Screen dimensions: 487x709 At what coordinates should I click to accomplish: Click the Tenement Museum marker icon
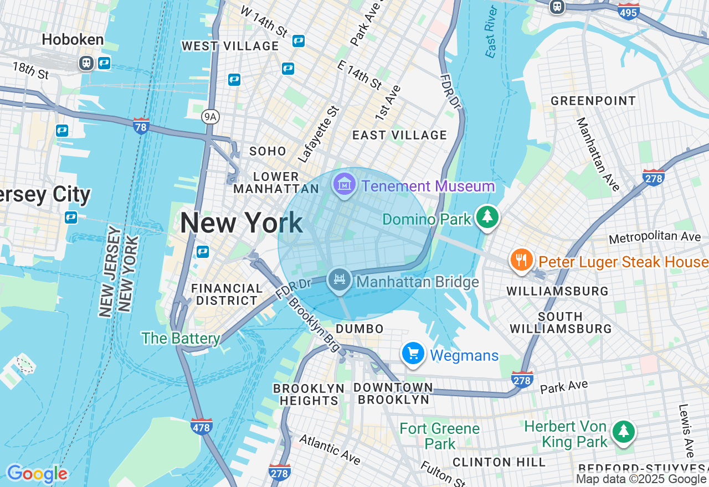345,184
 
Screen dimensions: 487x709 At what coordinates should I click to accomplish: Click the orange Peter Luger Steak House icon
521,260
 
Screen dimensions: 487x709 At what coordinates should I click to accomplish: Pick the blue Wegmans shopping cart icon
413,353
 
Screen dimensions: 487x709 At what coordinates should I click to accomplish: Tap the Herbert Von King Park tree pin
624,431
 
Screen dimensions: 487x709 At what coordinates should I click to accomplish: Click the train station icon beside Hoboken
86,63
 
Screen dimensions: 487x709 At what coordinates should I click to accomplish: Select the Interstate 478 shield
201,426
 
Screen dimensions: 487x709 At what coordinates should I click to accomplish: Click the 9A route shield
210,116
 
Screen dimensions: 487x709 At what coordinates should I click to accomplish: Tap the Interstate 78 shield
141,126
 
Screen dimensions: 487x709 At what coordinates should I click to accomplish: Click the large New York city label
241,223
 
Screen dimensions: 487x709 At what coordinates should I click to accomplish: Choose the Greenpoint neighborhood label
593,101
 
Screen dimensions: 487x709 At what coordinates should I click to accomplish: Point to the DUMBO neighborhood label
359,329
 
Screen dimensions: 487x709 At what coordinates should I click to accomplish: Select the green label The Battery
181,338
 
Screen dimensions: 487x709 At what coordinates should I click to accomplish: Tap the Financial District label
227,294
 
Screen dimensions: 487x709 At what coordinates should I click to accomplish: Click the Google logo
37,474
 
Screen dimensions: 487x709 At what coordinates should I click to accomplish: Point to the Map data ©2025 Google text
641,479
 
